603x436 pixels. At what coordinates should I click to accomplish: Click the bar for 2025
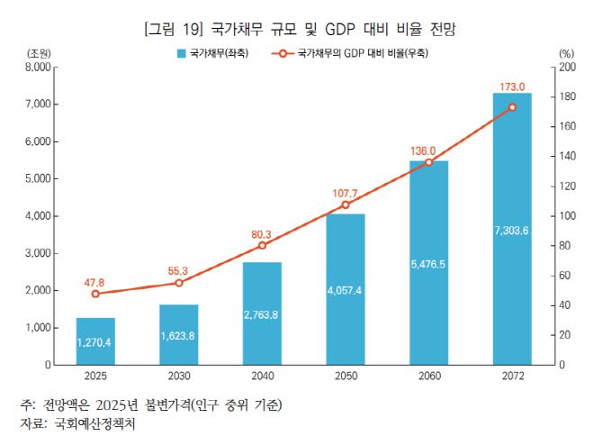click(94, 341)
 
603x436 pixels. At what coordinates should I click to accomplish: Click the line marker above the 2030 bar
click(178, 283)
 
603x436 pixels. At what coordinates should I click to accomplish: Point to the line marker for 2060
click(429, 162)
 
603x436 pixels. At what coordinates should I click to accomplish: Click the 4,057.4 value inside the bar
click(346, 290)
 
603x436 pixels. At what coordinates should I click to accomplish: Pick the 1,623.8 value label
click(178, 336)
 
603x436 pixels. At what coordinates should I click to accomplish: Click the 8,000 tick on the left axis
click(35, 68)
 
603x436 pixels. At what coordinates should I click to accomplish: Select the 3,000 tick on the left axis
click(35, 254)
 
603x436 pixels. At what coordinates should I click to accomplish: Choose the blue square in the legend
click(182, 53)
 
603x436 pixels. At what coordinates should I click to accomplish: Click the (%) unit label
click(566, 53)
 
